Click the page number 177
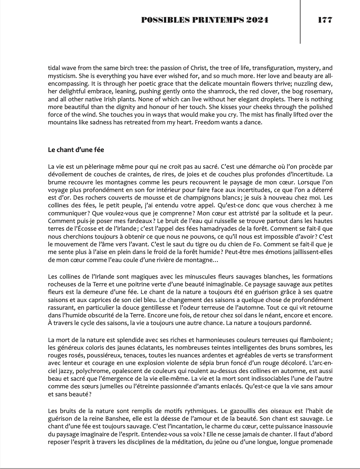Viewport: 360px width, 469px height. tap(325, 20)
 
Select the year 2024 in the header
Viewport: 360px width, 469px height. tap(257, 20)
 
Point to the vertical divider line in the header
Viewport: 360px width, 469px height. tap(300, 22)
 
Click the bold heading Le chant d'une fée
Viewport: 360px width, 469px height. tap(76, 150)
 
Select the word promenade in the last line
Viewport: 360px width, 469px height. tap(316, 442)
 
